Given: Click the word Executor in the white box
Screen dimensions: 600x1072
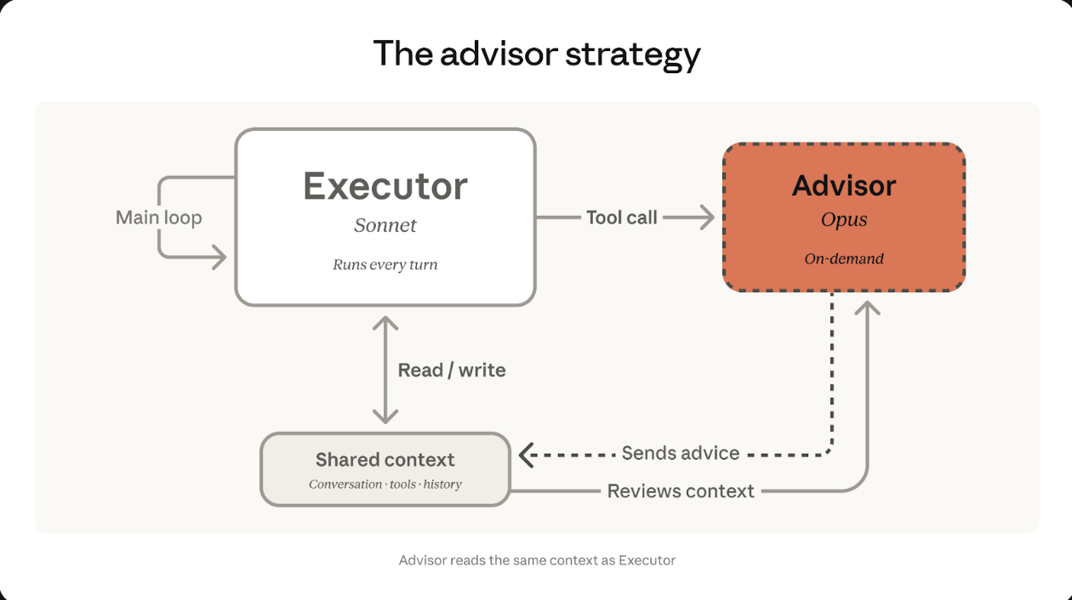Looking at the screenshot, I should pyautogui.click(x=385, y=186).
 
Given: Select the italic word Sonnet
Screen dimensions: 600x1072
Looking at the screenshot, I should pyautogui.click(x=385, y=225).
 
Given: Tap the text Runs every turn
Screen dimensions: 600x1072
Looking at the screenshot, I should pyautogui.click(x=385, y=264).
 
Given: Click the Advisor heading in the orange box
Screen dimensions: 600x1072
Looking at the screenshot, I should pyautogui.click(x=844, y=185).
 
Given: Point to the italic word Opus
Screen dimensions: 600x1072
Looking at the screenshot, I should pyautogui.click(x=844, y=219).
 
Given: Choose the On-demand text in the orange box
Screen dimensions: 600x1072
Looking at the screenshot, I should pyautogui.click(x=844, y=258).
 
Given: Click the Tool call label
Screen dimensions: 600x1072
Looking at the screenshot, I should pyautogui.click(x=621, y=218).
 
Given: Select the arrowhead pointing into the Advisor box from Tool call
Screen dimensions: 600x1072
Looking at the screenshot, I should pyautogui.click(x=706, y=218).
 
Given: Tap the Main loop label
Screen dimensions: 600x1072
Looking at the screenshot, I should pyautogui.click(x=159, y=218).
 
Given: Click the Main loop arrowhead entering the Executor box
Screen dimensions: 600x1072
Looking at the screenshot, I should pyautogui.click(x=220, y=256).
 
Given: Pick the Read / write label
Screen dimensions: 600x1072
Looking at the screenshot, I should pyautogui.click(x=452, y=371).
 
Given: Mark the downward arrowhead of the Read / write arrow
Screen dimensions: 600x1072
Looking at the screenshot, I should pyautogui.click(x=385, y=416).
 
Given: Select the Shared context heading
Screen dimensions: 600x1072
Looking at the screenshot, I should pyautogui.click(x=385, y=460).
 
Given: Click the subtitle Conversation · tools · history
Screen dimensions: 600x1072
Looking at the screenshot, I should pyautogui.click(x=385, y=484).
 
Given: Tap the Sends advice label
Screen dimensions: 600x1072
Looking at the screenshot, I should pyautogui.click(x=680, y=453).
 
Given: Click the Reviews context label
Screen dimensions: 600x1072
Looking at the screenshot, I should pyautogui.click(x=681, y=491).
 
